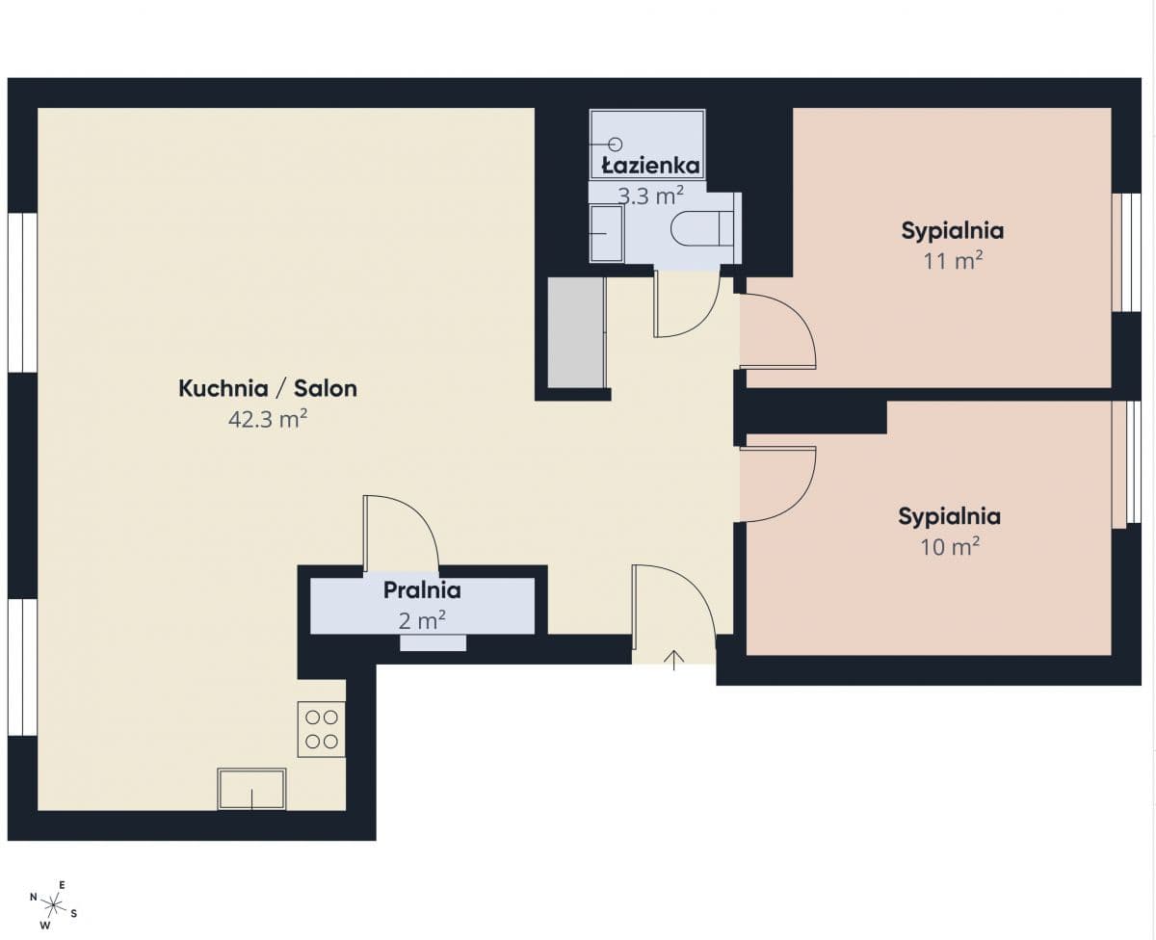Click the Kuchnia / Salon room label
[268, 388]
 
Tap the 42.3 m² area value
[268, 419]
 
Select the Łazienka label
[650, 166]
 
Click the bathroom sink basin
[607, 233]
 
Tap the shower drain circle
[616, 144]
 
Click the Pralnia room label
[422, 590]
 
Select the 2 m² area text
[422, 620]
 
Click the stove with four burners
[322, 729]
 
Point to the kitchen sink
[251, 789]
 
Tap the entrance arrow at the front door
[674, 660]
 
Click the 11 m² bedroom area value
[953, 261]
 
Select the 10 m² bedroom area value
[949, 547]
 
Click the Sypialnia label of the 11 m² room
[953, 230]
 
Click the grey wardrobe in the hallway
[576, 332]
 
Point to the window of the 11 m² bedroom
[1126, 252]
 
